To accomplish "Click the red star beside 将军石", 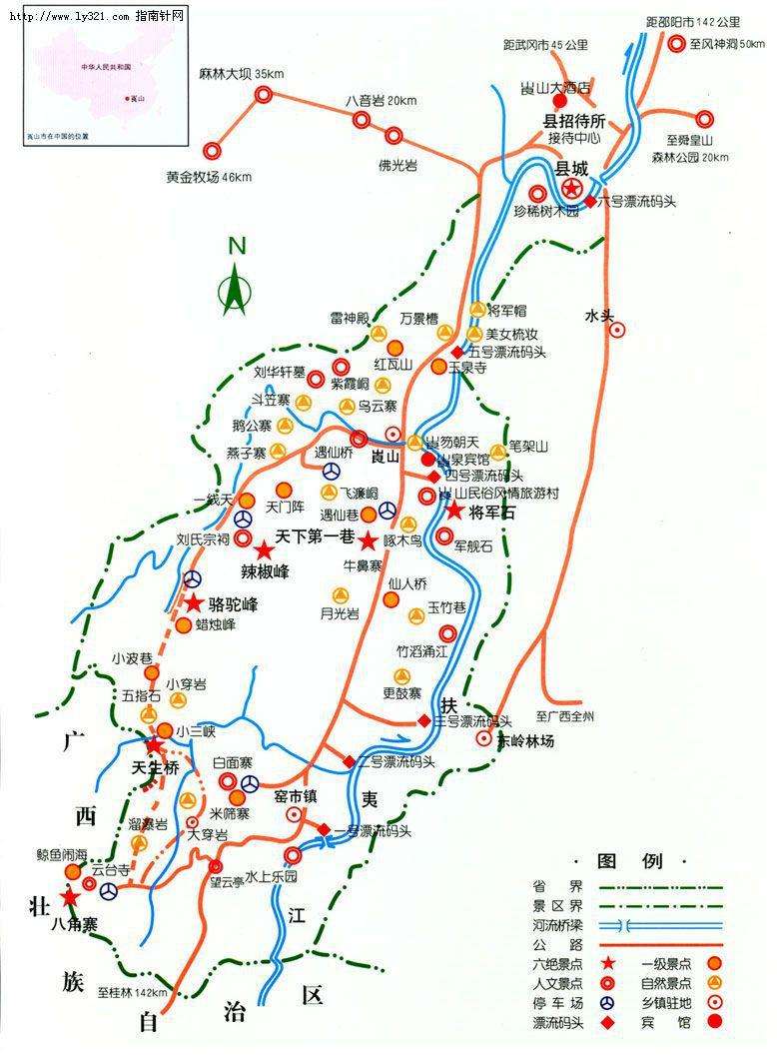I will [x=453, y=511].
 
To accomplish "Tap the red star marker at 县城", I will [x=571, y=189].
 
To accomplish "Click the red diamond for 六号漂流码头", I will [x=590, y=201].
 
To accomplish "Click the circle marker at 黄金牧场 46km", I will [x=212, y=151].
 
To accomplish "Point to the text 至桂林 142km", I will [x=132, y=992].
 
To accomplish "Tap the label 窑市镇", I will [x=295, y=795].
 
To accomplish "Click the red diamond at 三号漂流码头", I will [x=423, y=720].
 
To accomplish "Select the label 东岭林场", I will [x=526, y=742].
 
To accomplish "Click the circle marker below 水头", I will [x=618, y=330].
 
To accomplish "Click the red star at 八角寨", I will [x=69, y=899].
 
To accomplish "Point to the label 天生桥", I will [x=154, y=769].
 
